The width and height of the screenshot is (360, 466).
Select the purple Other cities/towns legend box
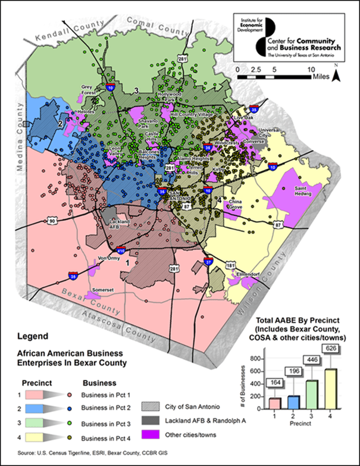152,434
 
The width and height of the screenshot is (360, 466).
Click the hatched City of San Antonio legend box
152,407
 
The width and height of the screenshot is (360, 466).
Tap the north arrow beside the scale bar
336,75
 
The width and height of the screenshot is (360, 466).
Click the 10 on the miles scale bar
311,70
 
